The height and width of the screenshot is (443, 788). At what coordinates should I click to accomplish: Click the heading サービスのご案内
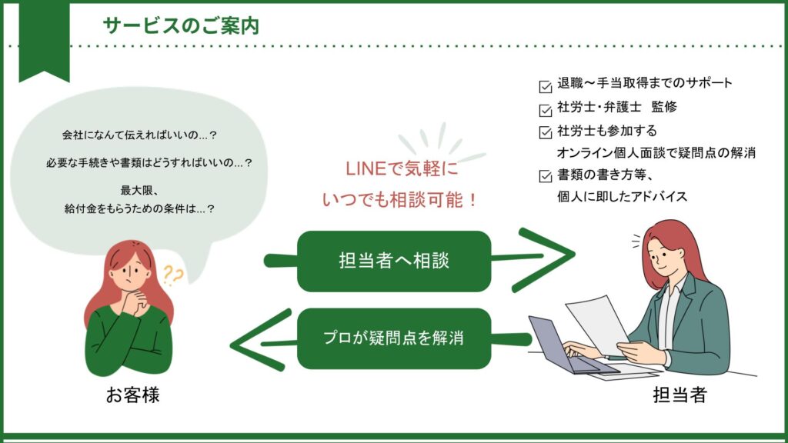180,25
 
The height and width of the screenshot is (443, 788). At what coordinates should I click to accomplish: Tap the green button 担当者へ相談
393,261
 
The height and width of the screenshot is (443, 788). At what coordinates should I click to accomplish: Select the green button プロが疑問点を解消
393,338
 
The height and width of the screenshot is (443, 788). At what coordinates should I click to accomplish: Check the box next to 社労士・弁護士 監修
546,108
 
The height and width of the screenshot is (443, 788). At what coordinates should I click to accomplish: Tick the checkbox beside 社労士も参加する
546,132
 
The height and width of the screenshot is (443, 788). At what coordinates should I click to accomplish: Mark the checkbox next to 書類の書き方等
546,175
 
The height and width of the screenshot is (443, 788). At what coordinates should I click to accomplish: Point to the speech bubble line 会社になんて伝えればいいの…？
139,135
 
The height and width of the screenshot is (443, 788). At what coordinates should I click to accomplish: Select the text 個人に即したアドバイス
622,197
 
